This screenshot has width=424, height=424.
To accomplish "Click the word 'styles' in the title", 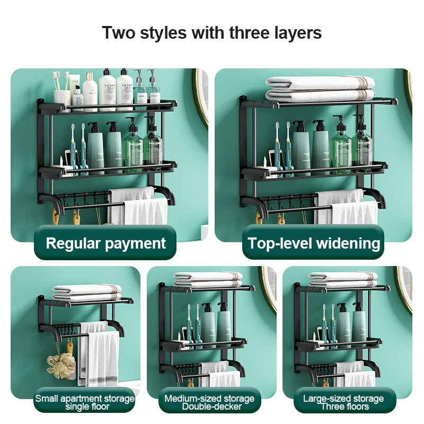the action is coord(163,33).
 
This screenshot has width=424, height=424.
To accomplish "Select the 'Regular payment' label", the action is coord(105,243).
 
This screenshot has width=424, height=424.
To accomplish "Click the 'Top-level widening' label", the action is coord(314,243).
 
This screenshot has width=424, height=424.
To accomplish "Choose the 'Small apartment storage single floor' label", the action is coord(85,402).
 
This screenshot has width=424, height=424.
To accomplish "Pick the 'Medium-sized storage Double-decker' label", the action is coord(209,402).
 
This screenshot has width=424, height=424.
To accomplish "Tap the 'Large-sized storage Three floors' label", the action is coord(343,402).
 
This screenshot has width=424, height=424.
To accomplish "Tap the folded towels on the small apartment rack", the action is coord(87,293).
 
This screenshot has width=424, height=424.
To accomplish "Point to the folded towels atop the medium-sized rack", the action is coord(208,279).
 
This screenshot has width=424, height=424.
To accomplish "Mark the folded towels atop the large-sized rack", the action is coord(343,279).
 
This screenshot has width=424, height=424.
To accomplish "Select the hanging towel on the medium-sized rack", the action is coord(219,375).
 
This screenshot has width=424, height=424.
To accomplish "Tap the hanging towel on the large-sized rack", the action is coord(355,375).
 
